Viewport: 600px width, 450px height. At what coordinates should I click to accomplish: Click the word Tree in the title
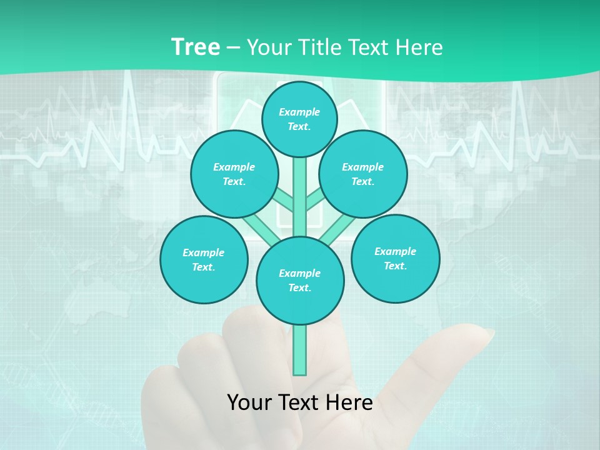195,47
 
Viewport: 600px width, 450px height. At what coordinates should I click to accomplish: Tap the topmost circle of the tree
299,119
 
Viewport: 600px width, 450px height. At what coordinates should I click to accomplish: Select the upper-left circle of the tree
234,174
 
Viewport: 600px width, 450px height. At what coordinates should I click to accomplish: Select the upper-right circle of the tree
362,174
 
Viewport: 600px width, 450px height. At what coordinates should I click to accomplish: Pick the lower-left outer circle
204,259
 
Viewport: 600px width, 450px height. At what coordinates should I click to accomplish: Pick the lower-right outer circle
395,258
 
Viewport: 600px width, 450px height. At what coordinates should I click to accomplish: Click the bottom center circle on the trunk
300,281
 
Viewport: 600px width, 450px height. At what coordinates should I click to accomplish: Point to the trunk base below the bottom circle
300,350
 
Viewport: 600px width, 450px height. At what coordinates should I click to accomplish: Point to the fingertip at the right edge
484,335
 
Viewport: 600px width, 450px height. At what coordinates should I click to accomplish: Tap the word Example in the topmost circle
299,112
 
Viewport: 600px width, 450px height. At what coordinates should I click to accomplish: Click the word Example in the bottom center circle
299,273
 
